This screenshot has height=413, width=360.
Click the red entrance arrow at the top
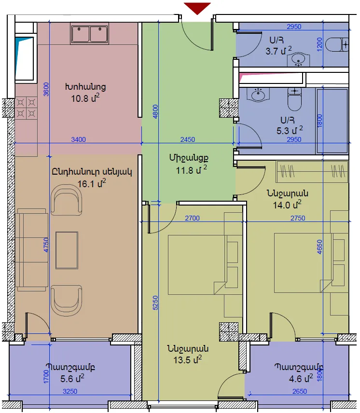pyautogui.click(x=197, y=8)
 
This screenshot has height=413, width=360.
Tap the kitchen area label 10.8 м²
pyautogui.click(x=85, y=98)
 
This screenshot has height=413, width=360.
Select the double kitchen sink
pyautogui.click(x=90, y=33)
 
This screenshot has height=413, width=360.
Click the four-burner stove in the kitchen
pyautogui.click(x=26, y=108)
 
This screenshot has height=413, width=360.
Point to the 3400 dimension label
pyautogui.click(x=79, y=139)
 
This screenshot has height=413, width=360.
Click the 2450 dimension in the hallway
pyautogui.click(x=188, y=139)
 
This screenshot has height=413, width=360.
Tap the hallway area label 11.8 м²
pyautogui.click(x=192, y=170)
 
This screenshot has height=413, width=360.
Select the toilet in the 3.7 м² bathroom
pyautogui.click(x=337, y=45)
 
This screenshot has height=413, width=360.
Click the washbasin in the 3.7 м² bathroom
pyautogui.click(x=298, y=59)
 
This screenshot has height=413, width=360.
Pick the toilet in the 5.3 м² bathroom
pyautogui.click(x=294, y=99)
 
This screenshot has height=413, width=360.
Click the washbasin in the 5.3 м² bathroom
pyautogui.click(x=258, y=94)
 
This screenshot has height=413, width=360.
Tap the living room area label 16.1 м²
pyautogui.click(x=92, y=183)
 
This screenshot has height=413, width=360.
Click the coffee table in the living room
pyautogui.click(x=67, y=250)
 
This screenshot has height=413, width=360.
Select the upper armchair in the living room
pyautogui.click(x=66, y=200)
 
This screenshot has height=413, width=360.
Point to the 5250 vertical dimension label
pyautogui.click(x=155, y=303)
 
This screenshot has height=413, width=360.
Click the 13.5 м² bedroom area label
pyautogui.click(x=188, y=359)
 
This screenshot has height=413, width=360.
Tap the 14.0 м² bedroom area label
pyautogui.click(x=287, y=205)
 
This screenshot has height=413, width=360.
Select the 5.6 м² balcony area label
pyautogui.click(x=72, y=378)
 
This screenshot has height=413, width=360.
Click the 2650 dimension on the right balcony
pyautogui.click(x=300, y=391)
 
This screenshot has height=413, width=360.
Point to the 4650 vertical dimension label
pyautogui.click(x=319, y=247)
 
